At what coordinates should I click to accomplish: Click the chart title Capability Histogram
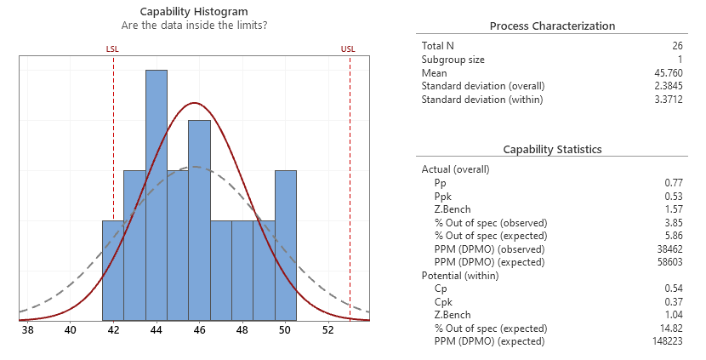click(x=195, y=12)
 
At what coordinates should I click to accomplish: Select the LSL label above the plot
click(x=112, y=49)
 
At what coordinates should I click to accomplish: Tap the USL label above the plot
click(x=348, y=49)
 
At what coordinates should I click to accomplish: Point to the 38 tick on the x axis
click(x=28, y=331)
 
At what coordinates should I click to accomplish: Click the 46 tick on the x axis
click(x=199, y=331)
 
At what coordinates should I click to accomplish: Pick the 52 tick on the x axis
click(x=328, y=331)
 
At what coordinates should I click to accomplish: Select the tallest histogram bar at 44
click(x=156, y=196)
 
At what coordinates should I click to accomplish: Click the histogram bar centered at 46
click(x=199, y=220)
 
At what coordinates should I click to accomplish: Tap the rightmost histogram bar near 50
click(x=285, y=246)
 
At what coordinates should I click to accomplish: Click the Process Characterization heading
click(x=552, y=26)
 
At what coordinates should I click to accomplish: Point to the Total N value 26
click(x=676, y=45)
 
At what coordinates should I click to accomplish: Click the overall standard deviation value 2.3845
click(x=664, y=86)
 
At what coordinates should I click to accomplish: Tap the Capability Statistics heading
click(x=552, y=149)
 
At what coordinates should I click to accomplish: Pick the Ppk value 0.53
click(x=674, y=196)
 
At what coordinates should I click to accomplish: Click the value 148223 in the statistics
click(x=666, y=341)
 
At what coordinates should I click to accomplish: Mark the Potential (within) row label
click(x=459, y=275)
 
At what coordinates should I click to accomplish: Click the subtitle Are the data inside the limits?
click(x=195, y=26)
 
